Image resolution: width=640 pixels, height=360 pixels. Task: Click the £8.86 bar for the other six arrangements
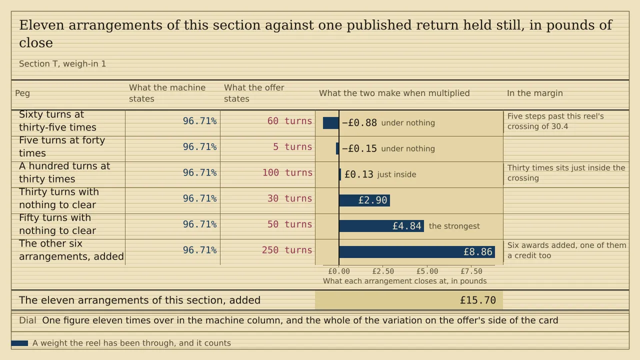click(x=417, y=252)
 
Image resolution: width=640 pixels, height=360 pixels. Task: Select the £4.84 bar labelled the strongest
click(x=381, y=226)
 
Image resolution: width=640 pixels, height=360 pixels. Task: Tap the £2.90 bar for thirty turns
click(x=364, y=200)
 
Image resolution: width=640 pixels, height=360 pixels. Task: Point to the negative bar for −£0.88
click(x=331, y=123)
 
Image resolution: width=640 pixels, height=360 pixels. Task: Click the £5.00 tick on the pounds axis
click(x=427, y=271)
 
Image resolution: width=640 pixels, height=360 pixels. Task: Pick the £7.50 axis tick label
click(x=471, y=271)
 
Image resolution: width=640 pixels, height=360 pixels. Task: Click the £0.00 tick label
click(x=339, y=271)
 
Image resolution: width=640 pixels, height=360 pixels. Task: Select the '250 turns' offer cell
click(x=287, y=250)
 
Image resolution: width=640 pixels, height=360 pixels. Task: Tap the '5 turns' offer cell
click(x=292, y=147)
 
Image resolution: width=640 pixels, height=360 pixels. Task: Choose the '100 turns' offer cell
click(x=287, y=172)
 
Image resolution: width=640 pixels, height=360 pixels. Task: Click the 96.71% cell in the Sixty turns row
click(x=199, y=121)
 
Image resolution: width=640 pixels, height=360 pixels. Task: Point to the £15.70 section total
click(x=477, y=300)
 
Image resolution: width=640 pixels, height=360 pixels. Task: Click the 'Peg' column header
click(x=22, y=93)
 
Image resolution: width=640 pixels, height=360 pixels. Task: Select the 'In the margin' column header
click(x=535, y=93)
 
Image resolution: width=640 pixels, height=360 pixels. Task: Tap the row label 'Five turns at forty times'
click(x=62, y=146)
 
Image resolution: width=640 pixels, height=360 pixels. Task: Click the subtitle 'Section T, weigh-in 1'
click(x=62, y=63)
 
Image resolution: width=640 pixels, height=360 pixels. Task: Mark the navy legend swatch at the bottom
click(x=19, y=343)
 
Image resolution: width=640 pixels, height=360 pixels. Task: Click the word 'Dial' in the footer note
click(x=27, y=320)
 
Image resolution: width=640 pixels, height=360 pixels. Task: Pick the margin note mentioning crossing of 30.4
click(x=555, y=121)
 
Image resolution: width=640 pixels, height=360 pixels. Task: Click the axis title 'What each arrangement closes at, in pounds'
click(x=404, y=281)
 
